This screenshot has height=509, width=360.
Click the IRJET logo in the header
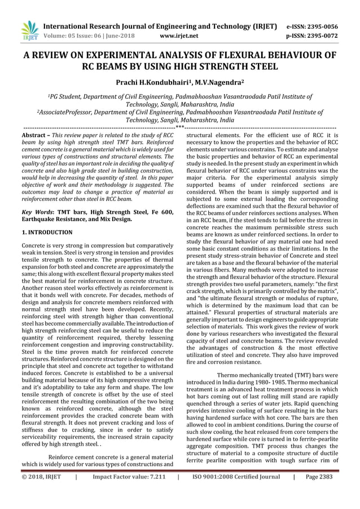[x=29, y=30]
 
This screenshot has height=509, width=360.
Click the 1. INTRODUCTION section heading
[x=47, y=232]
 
